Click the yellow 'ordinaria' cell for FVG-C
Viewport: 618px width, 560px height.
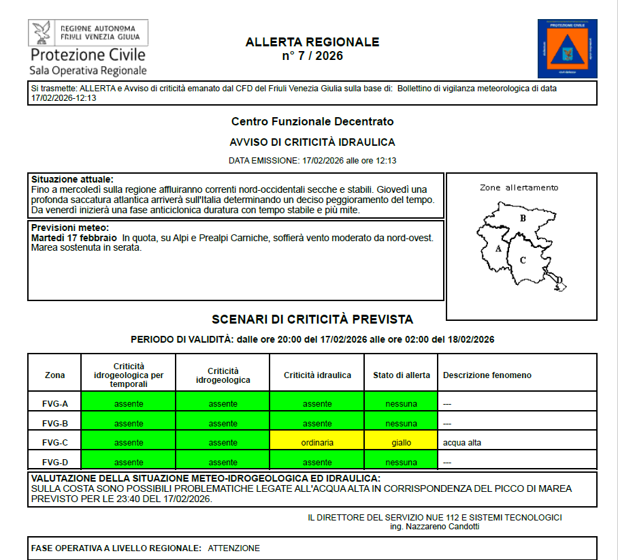[x=317, y=443]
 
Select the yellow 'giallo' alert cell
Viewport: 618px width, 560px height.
[x=401, y=443]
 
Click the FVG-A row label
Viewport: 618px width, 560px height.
[x=55, y=404]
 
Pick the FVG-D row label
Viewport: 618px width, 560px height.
[x=55, y=463]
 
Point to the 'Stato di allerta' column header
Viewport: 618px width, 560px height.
[x=401, y=375]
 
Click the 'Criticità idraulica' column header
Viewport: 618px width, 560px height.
[x=317, y=375]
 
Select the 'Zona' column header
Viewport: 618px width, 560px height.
[x=55, y=375]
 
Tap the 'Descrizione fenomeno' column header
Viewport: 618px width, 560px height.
[x=487, y=375]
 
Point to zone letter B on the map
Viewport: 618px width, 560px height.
[x=523, y=219]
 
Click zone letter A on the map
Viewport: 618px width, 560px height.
[x=498, y=249]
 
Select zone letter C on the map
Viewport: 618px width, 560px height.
[x=523, y=260]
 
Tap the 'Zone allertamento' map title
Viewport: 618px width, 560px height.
[x=519, y=187]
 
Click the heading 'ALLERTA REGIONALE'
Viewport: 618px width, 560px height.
[x=312, y=42]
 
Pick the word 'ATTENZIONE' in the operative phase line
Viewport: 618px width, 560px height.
[x=233, y=548]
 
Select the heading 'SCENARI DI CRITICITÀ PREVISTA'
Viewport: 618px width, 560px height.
[x=312, y=320]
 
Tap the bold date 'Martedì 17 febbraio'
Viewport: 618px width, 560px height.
[x=74, y=238]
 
